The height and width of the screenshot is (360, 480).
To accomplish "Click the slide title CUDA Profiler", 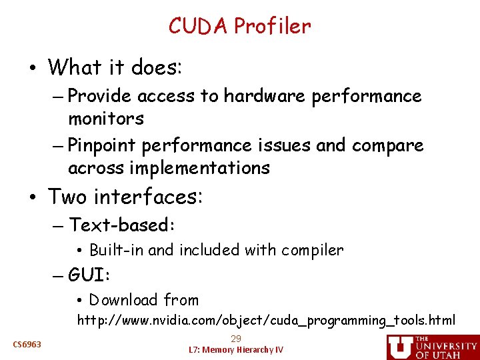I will tap(239, 26).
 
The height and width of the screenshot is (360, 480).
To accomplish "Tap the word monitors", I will tap(105, 119).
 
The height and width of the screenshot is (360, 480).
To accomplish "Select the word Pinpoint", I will tap(103, 145).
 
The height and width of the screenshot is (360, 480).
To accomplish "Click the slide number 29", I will tap(236, 339).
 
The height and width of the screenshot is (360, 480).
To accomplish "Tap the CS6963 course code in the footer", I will tap(27, 344).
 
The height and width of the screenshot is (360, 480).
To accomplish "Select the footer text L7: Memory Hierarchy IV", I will tap(236, 350).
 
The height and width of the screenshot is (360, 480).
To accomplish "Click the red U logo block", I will tap(399, 347).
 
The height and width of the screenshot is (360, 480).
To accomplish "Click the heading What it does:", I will tap(115, 67).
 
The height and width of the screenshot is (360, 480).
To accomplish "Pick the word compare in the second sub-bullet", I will tap(387, 145).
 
